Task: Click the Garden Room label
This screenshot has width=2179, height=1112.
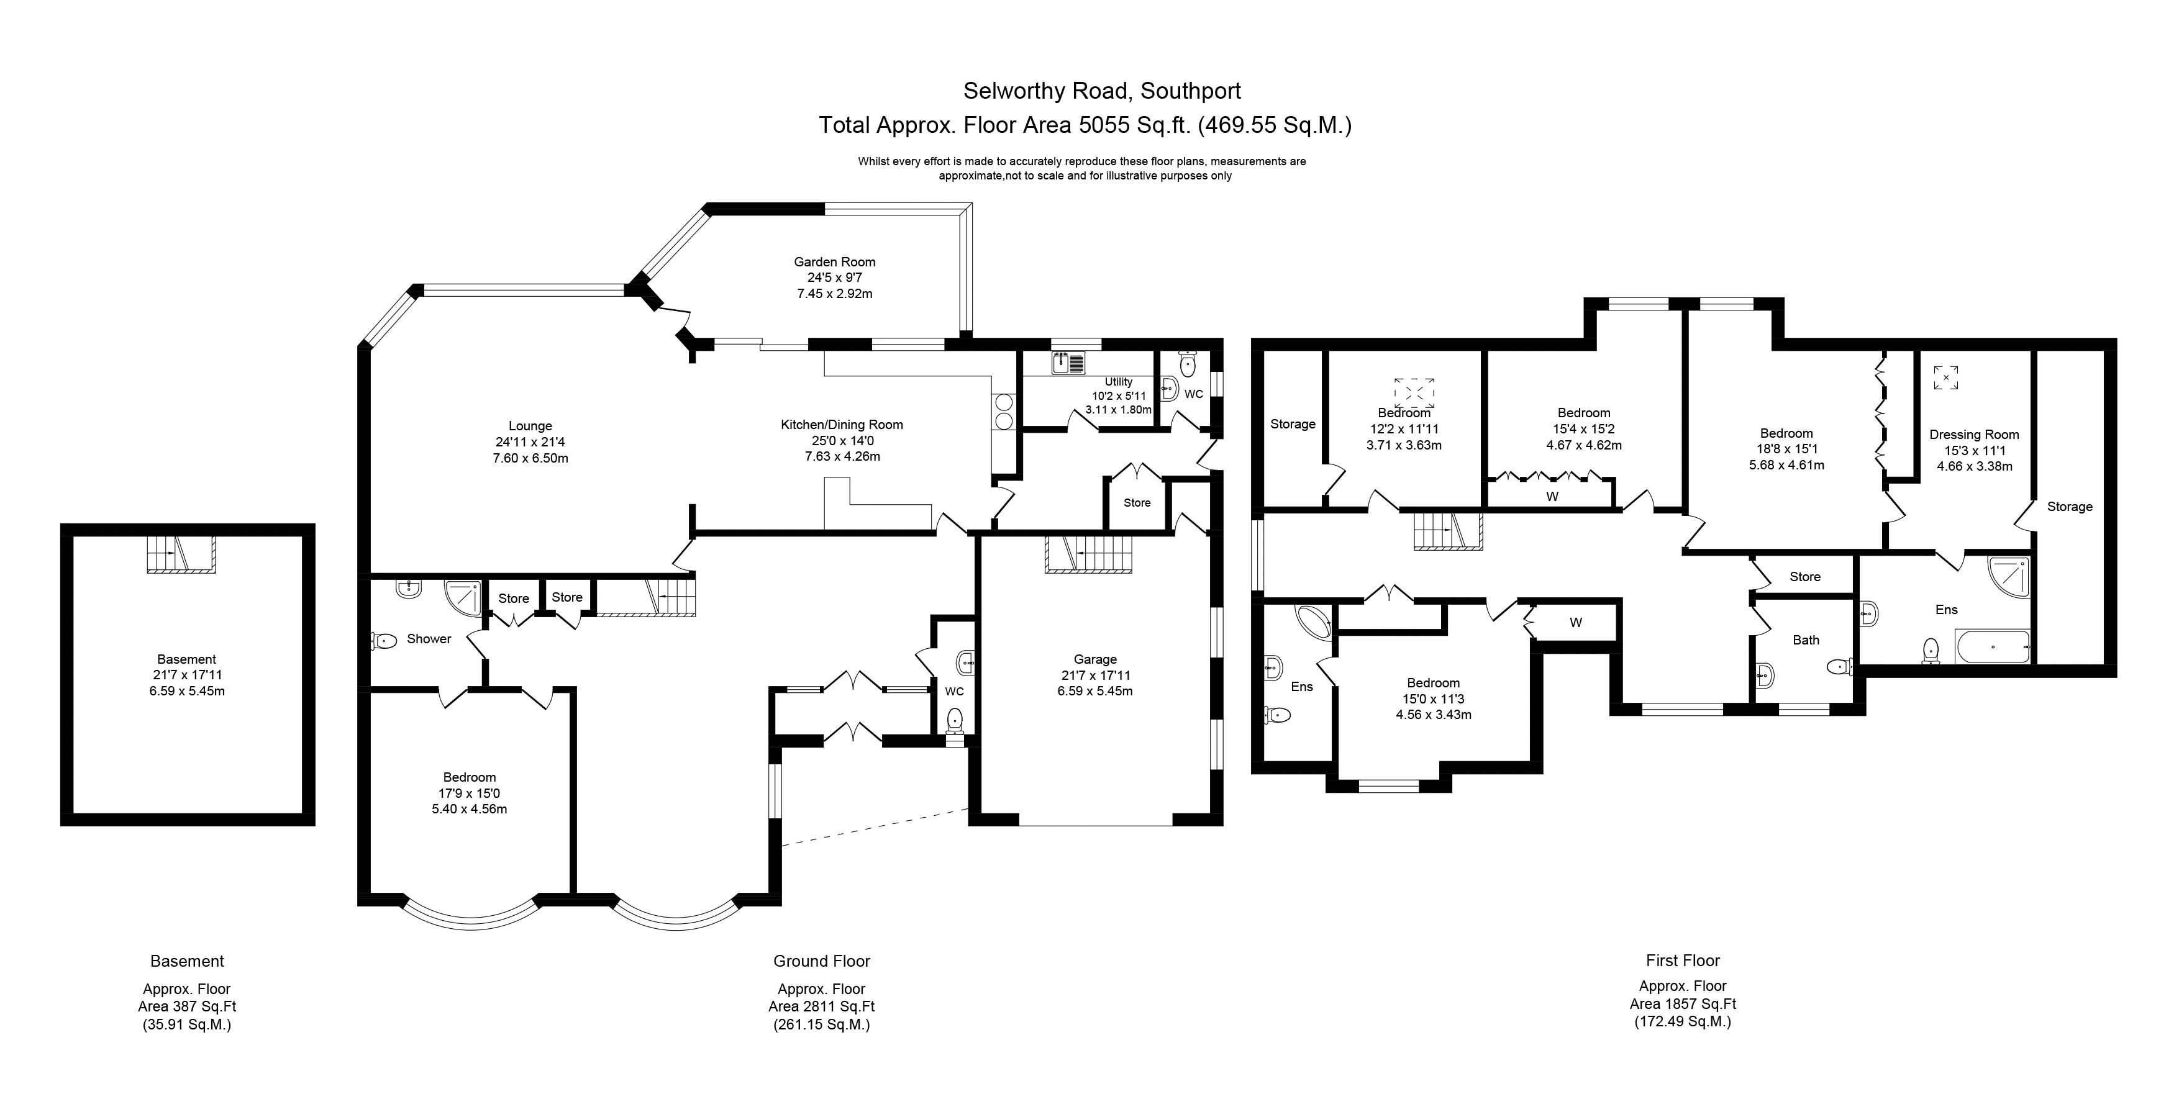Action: [834, 262]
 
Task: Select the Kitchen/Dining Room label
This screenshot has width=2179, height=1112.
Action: [841, 425]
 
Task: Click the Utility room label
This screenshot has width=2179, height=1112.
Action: [1117, 382]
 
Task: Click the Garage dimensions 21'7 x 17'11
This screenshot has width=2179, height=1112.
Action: [1094, 676]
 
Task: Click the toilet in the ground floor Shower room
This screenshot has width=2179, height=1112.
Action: [383, 641]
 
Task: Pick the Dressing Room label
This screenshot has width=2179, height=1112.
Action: [1973, 435]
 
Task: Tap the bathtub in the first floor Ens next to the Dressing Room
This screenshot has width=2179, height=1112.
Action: [1992, 647]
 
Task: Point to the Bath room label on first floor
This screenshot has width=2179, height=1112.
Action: [1805, 640]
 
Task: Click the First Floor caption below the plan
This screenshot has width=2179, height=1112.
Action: [1683, 961]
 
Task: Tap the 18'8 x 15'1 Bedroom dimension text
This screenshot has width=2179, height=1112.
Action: [1786, 449]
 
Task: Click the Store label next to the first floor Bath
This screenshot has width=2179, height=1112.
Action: [1804, 577]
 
